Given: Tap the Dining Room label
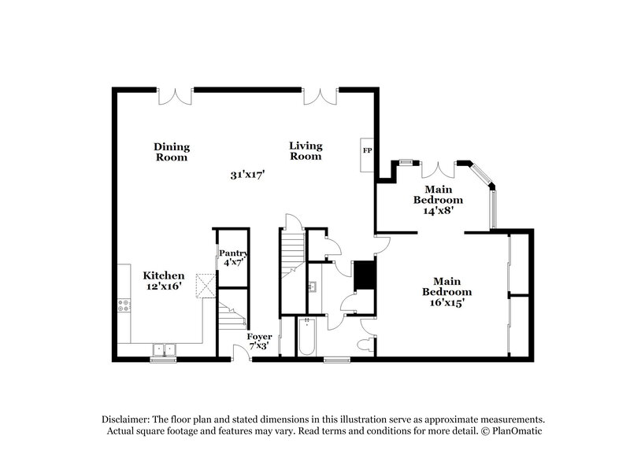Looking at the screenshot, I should click(172, 152).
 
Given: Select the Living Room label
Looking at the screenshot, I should click(306, 150).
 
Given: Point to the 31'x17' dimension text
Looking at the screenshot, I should click(246, 175).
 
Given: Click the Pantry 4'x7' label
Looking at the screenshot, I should click(234, 257).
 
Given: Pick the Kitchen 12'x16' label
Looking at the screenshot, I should click(164, 281).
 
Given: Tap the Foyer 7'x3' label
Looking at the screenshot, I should click(259, 340).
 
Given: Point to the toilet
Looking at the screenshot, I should click(365, 344).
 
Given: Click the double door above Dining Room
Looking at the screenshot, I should click(175, 96).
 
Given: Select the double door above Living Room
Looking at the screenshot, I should click(321, 96).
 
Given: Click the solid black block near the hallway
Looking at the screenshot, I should click(364, 275).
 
